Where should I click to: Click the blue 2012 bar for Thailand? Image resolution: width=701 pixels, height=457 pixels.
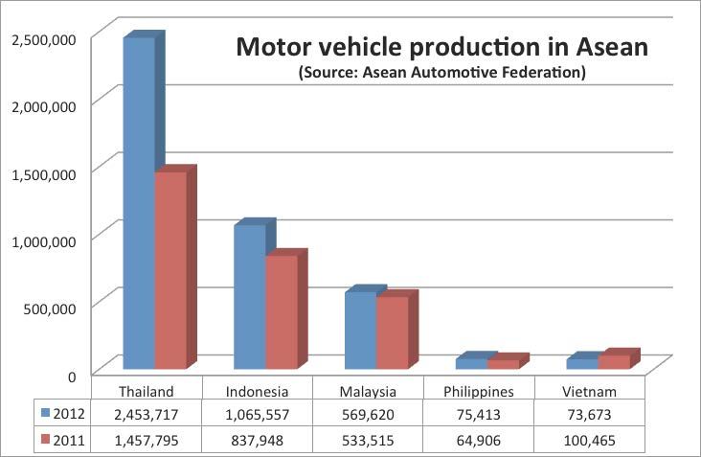coord(139,201)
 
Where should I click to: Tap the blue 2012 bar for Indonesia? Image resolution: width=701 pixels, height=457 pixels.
coord(250,297)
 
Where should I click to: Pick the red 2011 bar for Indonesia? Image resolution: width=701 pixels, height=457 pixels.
coord(281,312)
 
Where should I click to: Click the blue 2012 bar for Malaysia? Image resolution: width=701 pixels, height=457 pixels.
coord(360,330)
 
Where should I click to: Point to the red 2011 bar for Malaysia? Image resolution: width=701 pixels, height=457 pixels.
coord(392,332)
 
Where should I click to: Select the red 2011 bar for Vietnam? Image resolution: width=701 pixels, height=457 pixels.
coord(613,362)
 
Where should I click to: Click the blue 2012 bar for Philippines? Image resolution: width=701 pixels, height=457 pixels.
coord(471,363)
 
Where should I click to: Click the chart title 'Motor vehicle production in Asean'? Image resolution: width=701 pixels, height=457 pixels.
coord(442,47)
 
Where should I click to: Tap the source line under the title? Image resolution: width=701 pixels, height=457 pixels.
coord(442,73)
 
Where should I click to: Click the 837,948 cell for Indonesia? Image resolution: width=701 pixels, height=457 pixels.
coord(258,441)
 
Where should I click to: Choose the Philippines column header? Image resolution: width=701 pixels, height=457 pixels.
coord(479,391)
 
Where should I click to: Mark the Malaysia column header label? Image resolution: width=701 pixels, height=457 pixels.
coord(368,391)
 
